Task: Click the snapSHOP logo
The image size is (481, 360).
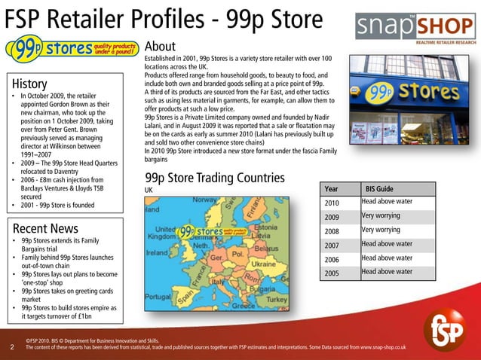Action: click(417, 29)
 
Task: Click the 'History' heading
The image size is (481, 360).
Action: click(29, 84)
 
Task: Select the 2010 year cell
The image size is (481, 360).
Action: click(332, 203)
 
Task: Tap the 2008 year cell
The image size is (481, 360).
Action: click(332, 231)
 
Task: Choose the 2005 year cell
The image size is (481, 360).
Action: click(332, 273)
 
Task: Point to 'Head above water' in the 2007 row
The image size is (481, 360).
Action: click(387, 244)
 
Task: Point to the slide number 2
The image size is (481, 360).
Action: click(13, 347)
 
